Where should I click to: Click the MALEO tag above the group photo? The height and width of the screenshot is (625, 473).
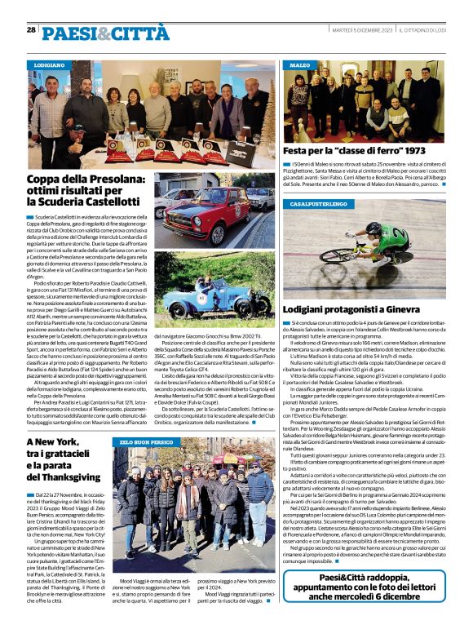(x=300, y=64)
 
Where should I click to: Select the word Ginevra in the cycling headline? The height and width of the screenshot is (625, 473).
(x=422, y=310)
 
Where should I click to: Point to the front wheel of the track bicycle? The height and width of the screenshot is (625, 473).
(x=337, y=255)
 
